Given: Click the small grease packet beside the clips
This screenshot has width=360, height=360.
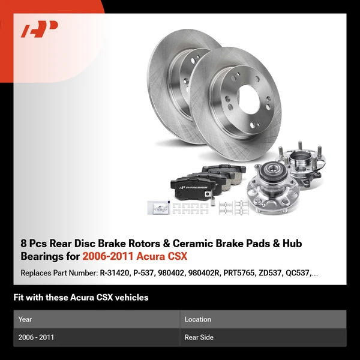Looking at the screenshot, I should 159,208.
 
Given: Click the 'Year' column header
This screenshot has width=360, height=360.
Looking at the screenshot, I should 25,319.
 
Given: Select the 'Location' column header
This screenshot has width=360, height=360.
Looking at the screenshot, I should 198,319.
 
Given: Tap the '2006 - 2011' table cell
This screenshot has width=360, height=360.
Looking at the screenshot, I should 36,337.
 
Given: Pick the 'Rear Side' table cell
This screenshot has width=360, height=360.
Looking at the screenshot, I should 199,337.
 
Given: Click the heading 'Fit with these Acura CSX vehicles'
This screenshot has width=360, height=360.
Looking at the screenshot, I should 80,297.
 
